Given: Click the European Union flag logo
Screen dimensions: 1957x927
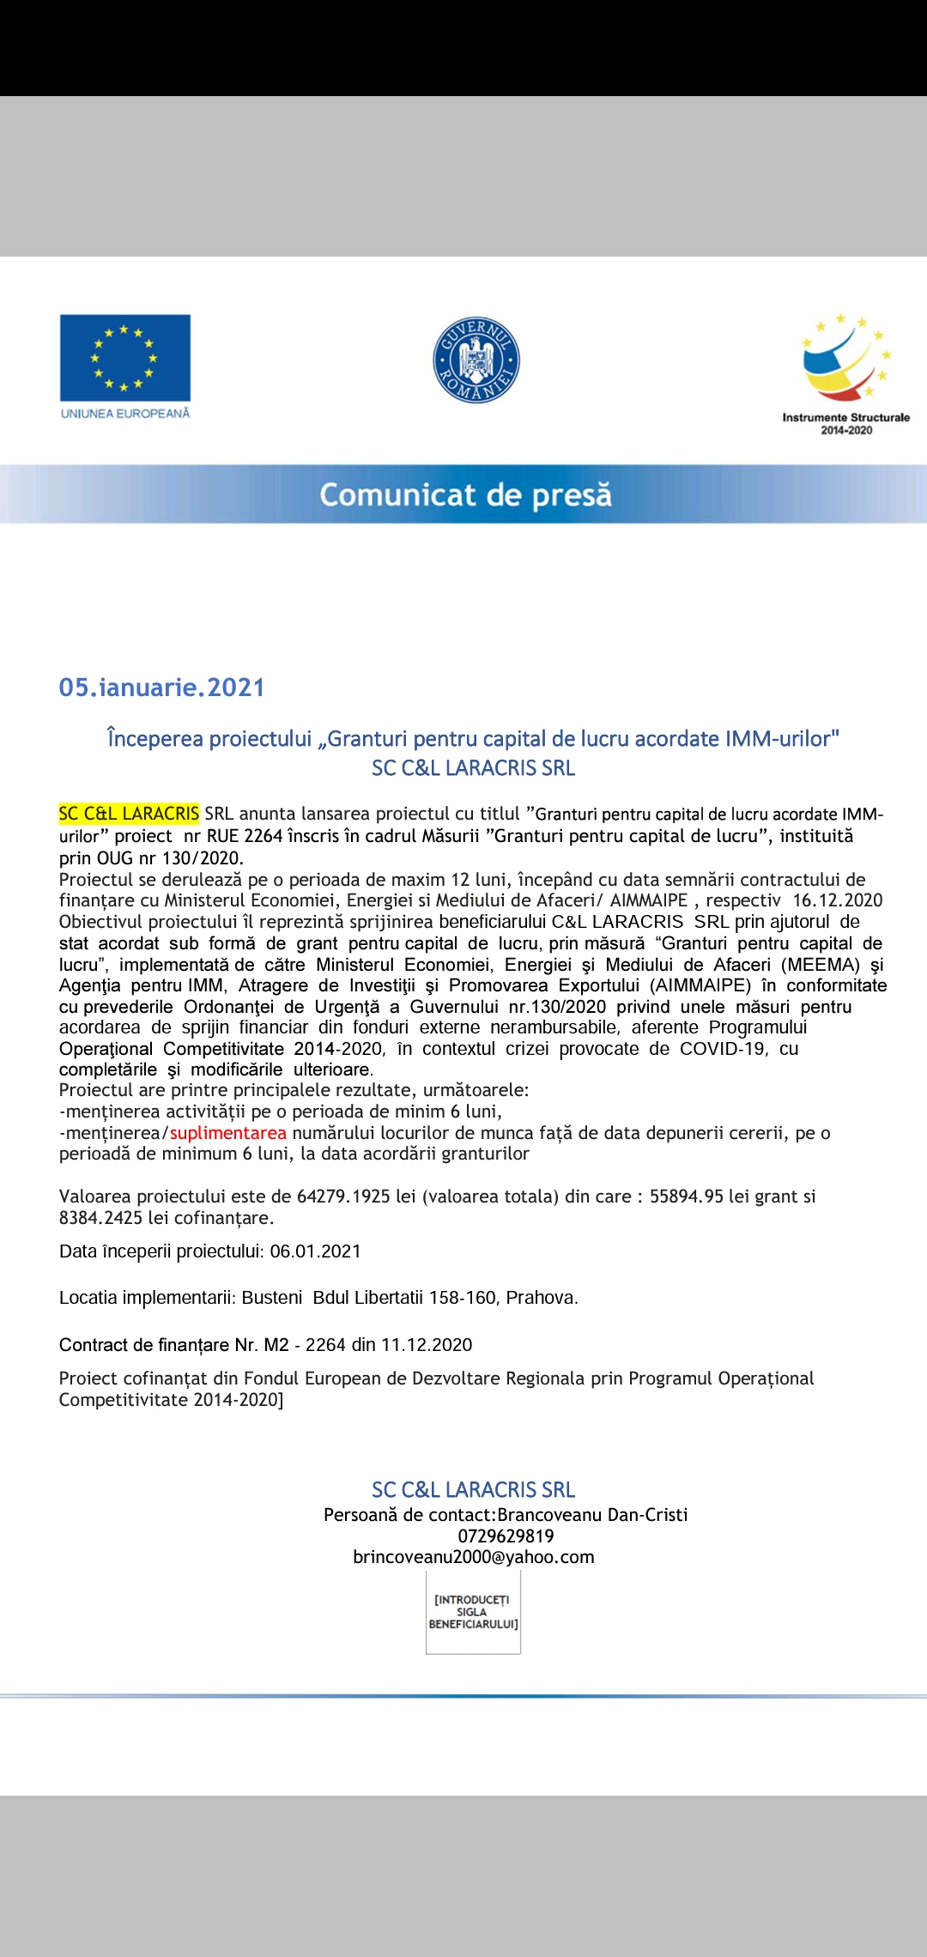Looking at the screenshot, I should [125, 357].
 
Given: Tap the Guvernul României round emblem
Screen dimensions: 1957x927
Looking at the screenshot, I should [476, 360].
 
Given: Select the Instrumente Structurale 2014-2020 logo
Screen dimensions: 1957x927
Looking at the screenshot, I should [845, 374].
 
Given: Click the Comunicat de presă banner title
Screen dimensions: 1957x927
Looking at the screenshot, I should [465, 495].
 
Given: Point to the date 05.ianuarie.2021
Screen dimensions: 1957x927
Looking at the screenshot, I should [161, 688].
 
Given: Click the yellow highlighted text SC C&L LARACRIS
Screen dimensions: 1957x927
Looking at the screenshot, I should [129, 814].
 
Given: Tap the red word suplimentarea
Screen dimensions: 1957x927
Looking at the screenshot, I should [227, 1133].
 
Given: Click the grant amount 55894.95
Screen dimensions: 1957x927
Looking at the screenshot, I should [686, 1197].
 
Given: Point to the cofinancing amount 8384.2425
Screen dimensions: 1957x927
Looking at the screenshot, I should [100, 1218].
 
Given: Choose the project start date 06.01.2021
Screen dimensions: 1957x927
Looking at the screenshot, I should [315, 1251].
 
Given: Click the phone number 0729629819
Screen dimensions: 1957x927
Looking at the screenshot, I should [506, 1536].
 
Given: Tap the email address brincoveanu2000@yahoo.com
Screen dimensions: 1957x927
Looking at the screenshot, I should [474, 1557].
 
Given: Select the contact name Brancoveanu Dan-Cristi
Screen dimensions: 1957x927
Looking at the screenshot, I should [592, 1515].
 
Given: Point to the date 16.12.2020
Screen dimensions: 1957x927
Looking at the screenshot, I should [837, 900].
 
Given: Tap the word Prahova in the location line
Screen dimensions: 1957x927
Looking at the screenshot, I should [541, 1298].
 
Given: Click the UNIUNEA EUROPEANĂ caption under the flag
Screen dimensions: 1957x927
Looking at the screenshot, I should [125, 414].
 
